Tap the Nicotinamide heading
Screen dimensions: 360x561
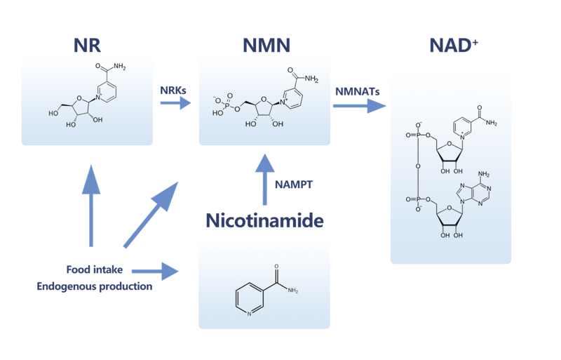click(264, 222)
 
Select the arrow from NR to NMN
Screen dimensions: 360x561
click(175, 103)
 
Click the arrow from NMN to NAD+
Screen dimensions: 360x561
click(360, 105)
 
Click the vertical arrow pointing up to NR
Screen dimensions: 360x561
click(90, 204)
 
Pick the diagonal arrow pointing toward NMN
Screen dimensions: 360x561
click(150, 214)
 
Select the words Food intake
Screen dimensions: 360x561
click(95, 269)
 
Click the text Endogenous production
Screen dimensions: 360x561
click(95, 286)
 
